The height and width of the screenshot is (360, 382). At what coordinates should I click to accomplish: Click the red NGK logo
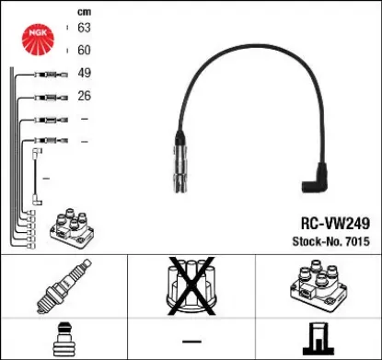[38, 39]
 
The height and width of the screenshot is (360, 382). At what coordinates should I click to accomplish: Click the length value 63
[84, 28]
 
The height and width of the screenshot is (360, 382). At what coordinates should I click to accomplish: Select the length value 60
[84, 50]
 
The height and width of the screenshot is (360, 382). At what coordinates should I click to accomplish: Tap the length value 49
[84, 73]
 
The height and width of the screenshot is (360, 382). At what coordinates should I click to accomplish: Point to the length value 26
[84, 96]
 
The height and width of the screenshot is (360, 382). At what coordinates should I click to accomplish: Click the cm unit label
[84, 12]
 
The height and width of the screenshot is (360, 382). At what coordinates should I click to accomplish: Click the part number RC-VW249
[335, 223]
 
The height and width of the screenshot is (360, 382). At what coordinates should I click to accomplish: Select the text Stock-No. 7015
[330, 241]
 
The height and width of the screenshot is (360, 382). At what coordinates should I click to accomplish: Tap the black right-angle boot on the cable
[315, 179]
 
